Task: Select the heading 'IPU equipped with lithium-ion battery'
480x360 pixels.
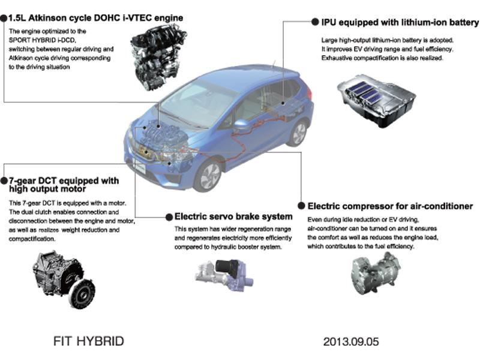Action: (396, 22)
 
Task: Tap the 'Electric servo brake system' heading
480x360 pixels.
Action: (233, 216)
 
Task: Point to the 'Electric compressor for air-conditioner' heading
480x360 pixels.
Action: (390, 206)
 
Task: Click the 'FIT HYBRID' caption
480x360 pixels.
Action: (89, 341)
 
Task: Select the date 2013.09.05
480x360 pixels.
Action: (351, 342)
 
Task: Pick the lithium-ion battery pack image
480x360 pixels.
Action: (376, 99)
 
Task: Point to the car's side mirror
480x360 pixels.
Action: (242, 125)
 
